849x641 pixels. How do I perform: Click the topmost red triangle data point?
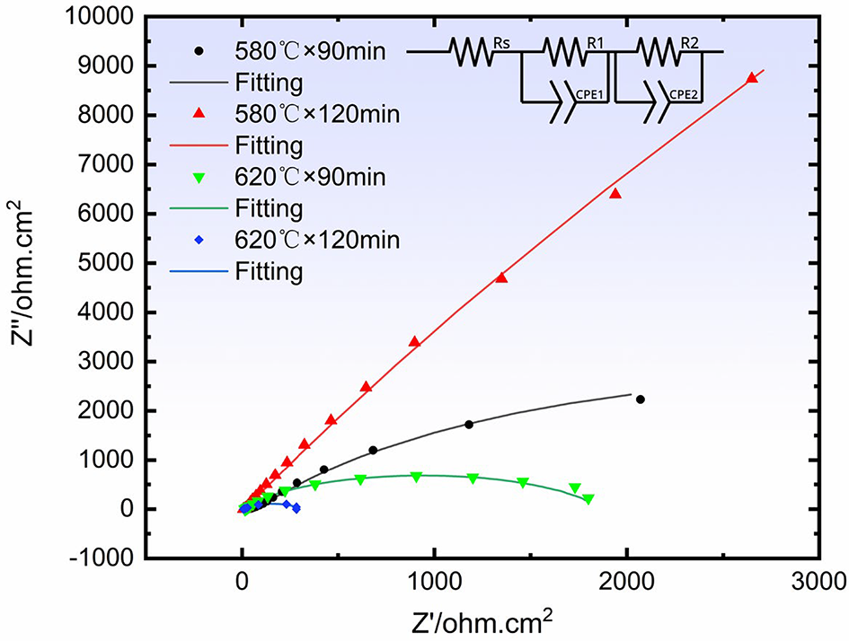752,78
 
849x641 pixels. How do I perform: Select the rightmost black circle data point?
641,400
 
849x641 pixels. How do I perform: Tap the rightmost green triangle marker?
588,499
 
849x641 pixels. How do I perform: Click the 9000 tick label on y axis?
106,66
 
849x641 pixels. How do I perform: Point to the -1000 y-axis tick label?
102,558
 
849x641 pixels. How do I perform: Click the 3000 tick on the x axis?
818,582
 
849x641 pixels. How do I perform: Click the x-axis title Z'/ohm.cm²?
482,622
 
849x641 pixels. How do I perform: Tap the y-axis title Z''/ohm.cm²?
22,273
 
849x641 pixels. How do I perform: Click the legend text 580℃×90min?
310,51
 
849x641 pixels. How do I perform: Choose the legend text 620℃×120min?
317,240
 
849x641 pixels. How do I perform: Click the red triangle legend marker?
199,114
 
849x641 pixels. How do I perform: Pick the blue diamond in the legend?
199,240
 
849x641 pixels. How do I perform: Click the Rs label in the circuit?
501,43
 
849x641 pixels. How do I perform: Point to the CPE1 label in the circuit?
589,94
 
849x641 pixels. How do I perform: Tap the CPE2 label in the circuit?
684,94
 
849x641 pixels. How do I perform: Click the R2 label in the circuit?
689,43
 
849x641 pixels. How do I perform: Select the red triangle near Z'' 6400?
615,194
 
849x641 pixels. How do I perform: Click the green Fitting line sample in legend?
199,208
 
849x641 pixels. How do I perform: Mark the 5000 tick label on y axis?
106,263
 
